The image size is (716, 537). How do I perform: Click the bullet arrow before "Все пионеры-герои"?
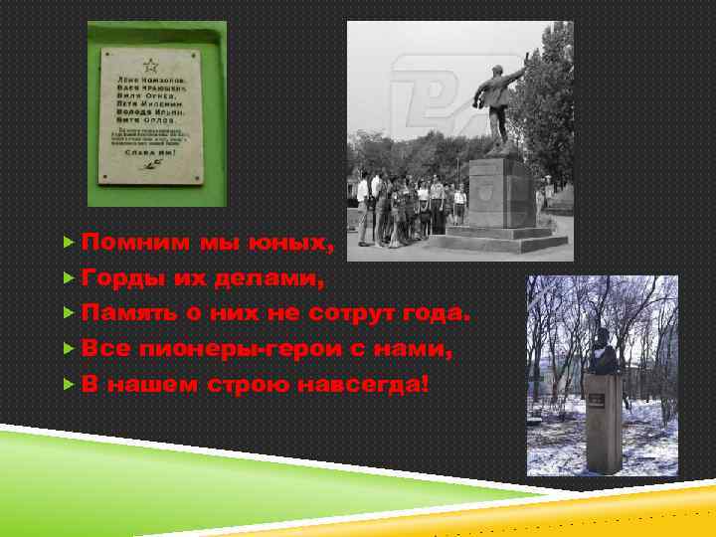69,349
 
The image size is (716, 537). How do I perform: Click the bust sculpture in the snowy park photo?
603,352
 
